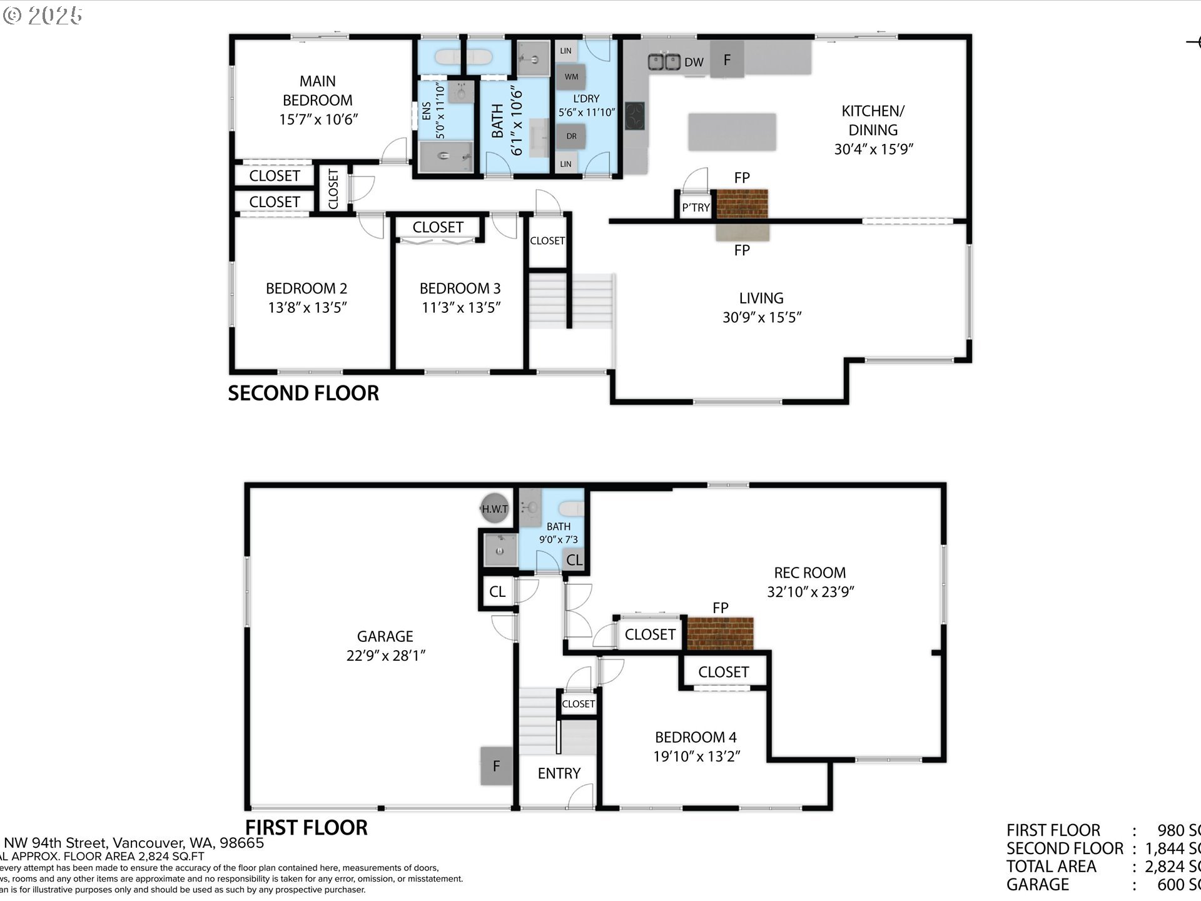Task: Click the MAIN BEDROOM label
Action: (x=317, y=91)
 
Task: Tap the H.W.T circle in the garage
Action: (x=494, y=509)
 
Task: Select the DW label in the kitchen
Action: (x=694, y=62)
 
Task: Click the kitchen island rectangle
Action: (x=732, y=131)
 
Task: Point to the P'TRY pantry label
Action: (x=696, y=208)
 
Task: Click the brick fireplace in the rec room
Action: (x=720, y=633)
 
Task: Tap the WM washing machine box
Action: (x=571, y=77)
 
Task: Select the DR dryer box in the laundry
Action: (x=571, y=136)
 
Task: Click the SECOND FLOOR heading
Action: (x=303, y=393)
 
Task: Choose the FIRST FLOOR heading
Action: (x=306, y=827)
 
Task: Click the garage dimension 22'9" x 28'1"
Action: (x=385, y=655)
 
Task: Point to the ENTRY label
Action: (x=559, y=773)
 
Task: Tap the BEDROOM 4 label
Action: (x=696, y=737)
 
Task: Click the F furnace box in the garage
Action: (x=496, y=766)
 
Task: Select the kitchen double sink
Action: (x=664, y=61)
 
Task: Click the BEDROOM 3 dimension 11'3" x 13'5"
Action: (x=461, y=307)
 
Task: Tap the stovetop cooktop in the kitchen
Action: (x=634, y=116)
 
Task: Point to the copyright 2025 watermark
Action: (x=43, y=15)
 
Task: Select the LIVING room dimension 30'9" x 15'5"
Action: (x=761, y=317)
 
